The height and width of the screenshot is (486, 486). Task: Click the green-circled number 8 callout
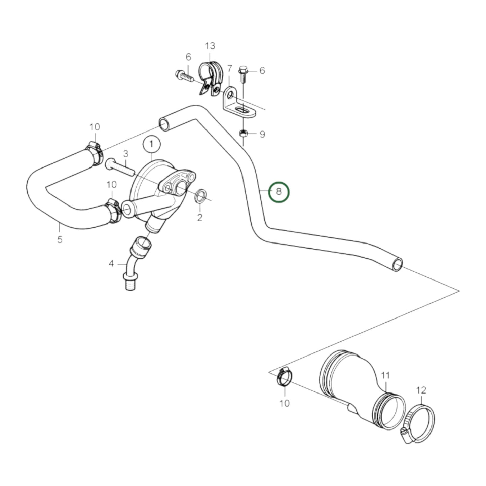tap(278, 192)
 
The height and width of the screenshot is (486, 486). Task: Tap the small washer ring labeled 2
tap(201, 196)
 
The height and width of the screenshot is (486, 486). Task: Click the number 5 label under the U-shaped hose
tap(60, 240)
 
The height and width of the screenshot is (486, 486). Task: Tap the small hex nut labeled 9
tap(243, 134)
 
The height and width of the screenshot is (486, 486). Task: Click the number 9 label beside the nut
tap(262, 135)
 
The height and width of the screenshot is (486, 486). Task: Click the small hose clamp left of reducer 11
tap(284, 377)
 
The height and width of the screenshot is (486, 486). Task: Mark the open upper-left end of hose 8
tap(164, 124)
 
